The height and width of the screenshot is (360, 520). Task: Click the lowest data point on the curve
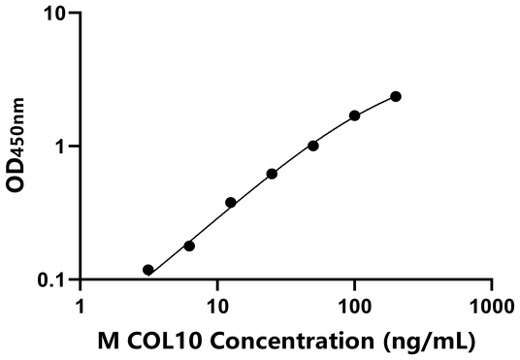click(x=147, y=270)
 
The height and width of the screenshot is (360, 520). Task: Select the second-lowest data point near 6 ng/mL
click(x=189, y=245)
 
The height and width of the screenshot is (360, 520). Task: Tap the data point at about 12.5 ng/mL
click(x=231, y=203)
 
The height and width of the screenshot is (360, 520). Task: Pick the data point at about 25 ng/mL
click(x=272, y=174)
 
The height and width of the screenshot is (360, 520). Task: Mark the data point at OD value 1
click(x=313, y=146)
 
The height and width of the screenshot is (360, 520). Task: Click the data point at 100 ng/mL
click(x=355, y=115)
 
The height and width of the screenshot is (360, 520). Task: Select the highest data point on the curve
click(x=396, y=96)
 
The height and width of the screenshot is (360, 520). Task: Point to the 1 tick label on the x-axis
click(x=81, y=304)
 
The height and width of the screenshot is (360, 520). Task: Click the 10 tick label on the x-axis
click(x=217, y=304)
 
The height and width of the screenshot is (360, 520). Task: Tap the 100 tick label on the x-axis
click(x=355, y=304)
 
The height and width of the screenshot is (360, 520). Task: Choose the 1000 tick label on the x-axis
click(x=492, y=304)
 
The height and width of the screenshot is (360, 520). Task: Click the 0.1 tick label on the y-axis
click(x=51, y=279)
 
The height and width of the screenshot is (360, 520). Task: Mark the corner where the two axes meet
click(x=81, y=279)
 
